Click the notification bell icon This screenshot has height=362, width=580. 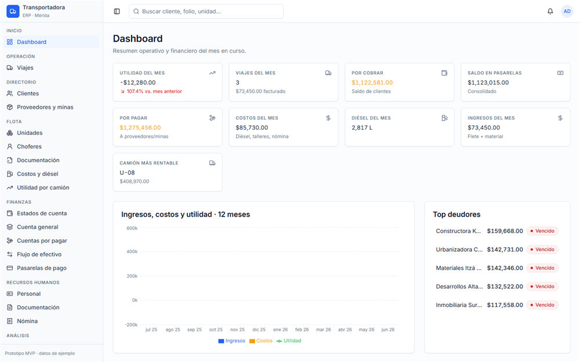550,12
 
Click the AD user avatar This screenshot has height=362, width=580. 567,12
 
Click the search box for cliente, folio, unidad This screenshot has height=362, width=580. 206,12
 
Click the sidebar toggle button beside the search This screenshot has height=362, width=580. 117,12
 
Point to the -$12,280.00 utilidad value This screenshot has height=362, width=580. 137,83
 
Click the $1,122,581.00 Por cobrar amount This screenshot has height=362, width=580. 372,83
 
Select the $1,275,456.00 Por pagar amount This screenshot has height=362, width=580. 140,128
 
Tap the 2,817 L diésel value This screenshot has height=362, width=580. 362,128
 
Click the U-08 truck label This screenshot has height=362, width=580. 127,173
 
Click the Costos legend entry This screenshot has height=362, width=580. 261,341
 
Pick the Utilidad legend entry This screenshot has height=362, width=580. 289,341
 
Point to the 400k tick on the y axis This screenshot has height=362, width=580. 132,251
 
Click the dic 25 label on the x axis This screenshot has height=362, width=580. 259,330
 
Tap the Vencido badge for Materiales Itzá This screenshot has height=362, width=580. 542,268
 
